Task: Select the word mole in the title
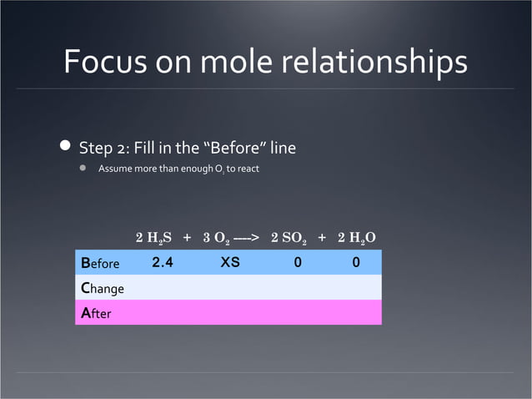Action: [x=212, y=62]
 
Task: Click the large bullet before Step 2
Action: [x=65, y=147]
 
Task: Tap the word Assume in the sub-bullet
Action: [x=116, y=169]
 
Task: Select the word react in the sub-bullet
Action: [x=250, y=169]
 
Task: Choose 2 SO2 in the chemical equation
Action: [x=290, y=238]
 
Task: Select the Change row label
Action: [x=102, y=288]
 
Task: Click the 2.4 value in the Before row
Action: [x=163, y=262]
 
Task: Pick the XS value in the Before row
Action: [x=230, y=262]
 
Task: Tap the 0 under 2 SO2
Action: [x=297, y=262]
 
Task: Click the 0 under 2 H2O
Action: [x=356, y=262]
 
